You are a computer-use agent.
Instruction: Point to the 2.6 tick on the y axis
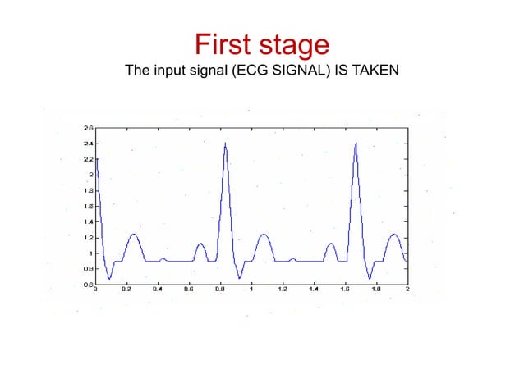[x=88, y=128]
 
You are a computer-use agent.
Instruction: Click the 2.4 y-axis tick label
[x=88, y=144]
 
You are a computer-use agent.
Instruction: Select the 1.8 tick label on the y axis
[x=88, y=190]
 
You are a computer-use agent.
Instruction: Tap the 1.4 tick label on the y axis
[x=88, y=222]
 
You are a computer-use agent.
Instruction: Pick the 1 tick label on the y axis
[x=90, y=253]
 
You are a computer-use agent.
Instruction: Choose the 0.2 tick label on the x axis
[x=126, y=289]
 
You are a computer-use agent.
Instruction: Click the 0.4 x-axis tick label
[x=158, y=289]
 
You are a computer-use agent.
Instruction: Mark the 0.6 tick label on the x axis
[x=189, y=289]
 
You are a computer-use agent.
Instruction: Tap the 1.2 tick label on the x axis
[x=283, y=289]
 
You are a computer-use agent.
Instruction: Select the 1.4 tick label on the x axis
[x=314, y=289]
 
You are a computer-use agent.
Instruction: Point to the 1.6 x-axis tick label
[x=345, y=289]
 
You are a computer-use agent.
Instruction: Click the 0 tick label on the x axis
[x=96, y=289]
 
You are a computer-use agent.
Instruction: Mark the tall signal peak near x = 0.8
[x=226, y=144]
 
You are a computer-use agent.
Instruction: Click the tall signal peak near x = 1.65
[x=356, y=144]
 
